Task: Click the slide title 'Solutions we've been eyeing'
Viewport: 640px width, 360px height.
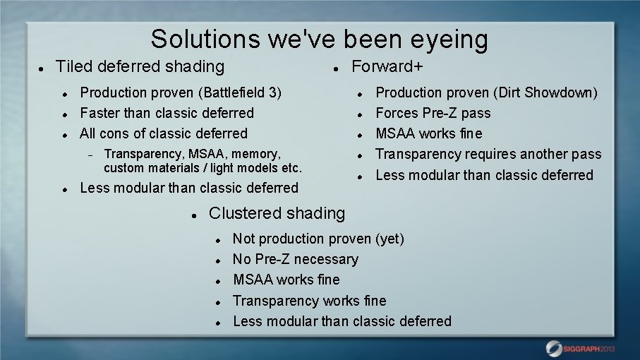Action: pyautogui.click(x=319, y=39)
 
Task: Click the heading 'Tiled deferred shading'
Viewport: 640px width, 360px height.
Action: pyautogui.click(x=140, y=66)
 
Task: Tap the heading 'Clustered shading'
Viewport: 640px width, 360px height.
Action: pyautogui.click(x=277, y=212)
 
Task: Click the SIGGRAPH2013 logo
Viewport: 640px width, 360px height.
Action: pyautogui.click(x=581, y=348)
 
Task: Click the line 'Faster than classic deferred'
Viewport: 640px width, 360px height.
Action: pyautogui.click(x=167, y=113)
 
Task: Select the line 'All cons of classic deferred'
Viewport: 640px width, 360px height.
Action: pyautogui.click(x=164, y=133)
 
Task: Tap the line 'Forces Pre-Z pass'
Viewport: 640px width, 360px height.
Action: pyautogui.click(x=433, y=113)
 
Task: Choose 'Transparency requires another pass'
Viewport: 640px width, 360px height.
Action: pyautogui.click(x=488, y=154)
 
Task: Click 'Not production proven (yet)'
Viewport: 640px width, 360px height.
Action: pyautogui.click(x=318, y=239)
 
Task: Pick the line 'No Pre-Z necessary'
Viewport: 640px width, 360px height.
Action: pyautogui.click(x=295, y=259)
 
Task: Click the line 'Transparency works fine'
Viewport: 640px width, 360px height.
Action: pyautogui.click(x=309, y=301)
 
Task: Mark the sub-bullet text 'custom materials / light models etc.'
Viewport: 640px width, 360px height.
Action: pyautogui.click(x=203, y=168)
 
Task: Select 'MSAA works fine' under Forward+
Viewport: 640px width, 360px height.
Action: pyautogui.click(x=428, y=133)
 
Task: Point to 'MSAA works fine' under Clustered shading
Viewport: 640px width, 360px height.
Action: pyautogui.click(x=286, y=280)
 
